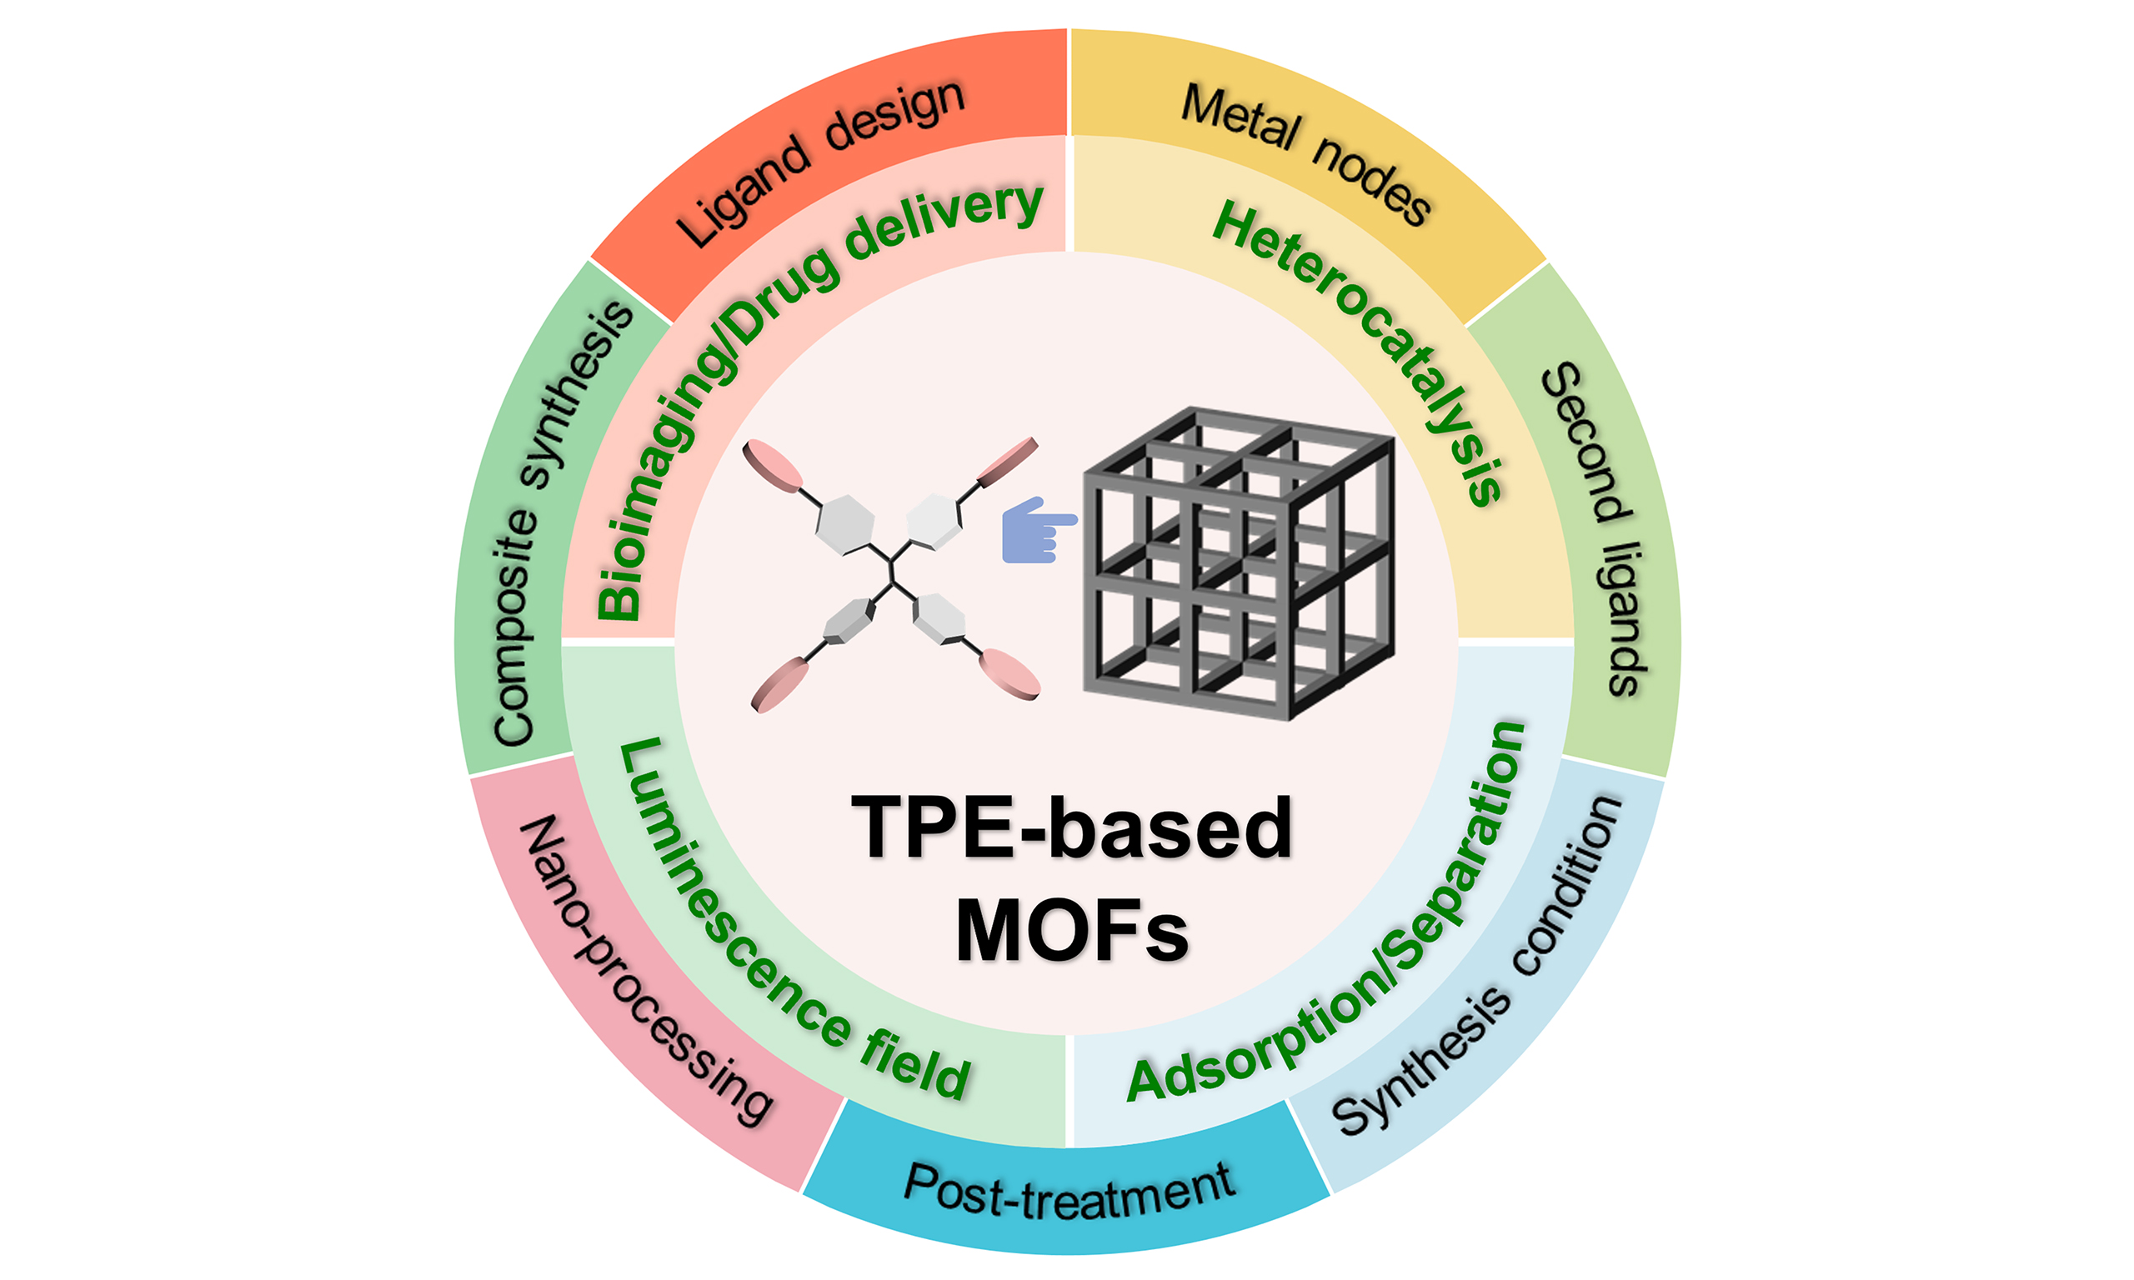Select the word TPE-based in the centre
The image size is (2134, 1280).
pyautogui.click(x=1071, y=828)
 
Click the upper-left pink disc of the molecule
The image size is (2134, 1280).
pyautogui.click(x=773, y=466)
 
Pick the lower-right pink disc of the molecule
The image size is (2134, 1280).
pyautogui.click(x=1010, y=672)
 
